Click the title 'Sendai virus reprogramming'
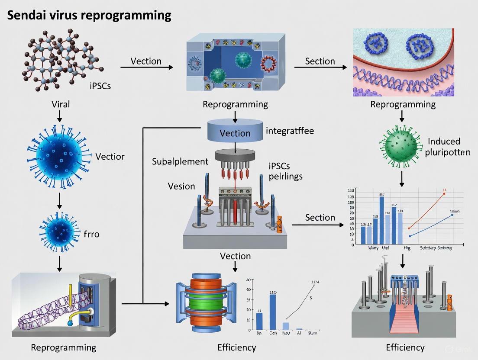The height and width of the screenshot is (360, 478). click(89, 16)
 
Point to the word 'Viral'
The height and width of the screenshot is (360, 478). click(60, 104)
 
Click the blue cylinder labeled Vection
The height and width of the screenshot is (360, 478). click(235, 132)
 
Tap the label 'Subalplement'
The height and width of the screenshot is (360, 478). click(180, 161)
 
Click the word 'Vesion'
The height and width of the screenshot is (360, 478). click(181, 186)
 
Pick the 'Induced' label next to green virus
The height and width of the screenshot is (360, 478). click(443, 141)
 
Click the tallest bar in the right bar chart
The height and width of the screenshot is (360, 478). click(381, 220)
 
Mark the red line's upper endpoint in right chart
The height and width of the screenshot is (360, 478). click(444, 194)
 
